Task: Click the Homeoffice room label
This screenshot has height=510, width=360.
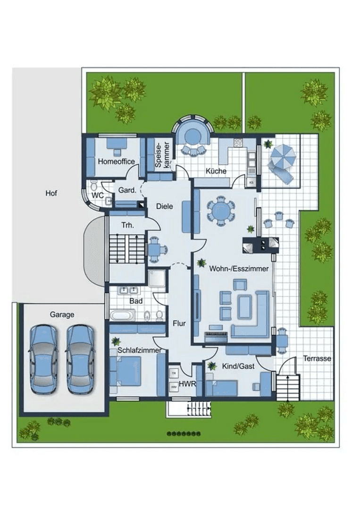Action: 116,161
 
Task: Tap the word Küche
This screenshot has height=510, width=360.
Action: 217,171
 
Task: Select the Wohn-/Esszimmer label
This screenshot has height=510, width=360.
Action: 239,269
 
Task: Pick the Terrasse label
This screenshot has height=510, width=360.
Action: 317,358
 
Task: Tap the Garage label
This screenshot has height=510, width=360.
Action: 62,314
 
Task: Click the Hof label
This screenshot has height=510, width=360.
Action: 51,193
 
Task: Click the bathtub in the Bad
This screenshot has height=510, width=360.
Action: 122,315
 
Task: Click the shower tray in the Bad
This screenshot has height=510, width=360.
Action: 157,278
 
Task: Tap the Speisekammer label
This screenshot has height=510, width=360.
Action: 161,154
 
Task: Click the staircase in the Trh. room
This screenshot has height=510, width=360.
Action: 127,249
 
